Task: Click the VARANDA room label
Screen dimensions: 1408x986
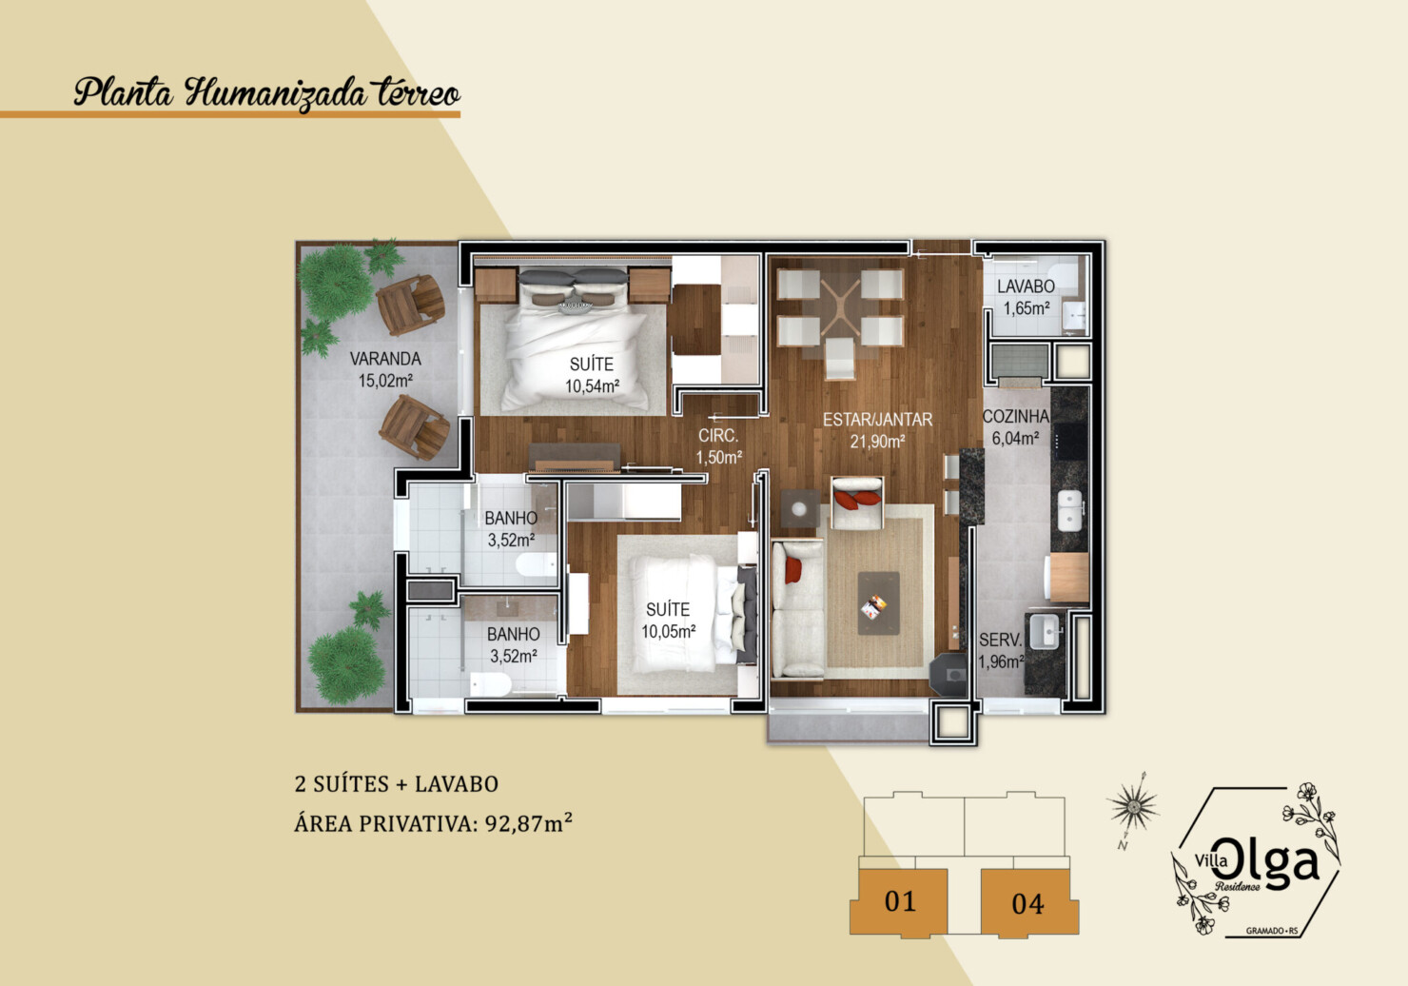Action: pos(385,359)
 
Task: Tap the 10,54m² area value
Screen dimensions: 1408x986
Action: pos(592,386)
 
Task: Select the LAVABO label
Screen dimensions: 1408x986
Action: pos(1026,286)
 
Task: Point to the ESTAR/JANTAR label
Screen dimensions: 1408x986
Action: pos(877,420)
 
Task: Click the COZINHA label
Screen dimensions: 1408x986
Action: pos(1016,416)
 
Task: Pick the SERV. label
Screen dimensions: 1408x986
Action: pos(1000,641)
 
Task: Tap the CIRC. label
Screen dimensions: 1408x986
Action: pos(718,436)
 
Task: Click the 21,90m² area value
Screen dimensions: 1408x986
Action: pos(877,442)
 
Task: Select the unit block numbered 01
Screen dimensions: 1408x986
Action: pos(899,902)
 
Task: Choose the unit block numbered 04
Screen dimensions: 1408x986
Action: pos(1029,903)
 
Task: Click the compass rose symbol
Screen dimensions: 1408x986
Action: pos(1133,807)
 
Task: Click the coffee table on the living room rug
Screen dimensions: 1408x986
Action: pos(878,603)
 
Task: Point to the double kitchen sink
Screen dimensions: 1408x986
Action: pos(1070,510)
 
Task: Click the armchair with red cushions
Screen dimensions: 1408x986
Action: pos(857,503)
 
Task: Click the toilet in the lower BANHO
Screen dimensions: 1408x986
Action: pos(490,684)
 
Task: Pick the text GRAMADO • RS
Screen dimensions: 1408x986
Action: pos(1272,931)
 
